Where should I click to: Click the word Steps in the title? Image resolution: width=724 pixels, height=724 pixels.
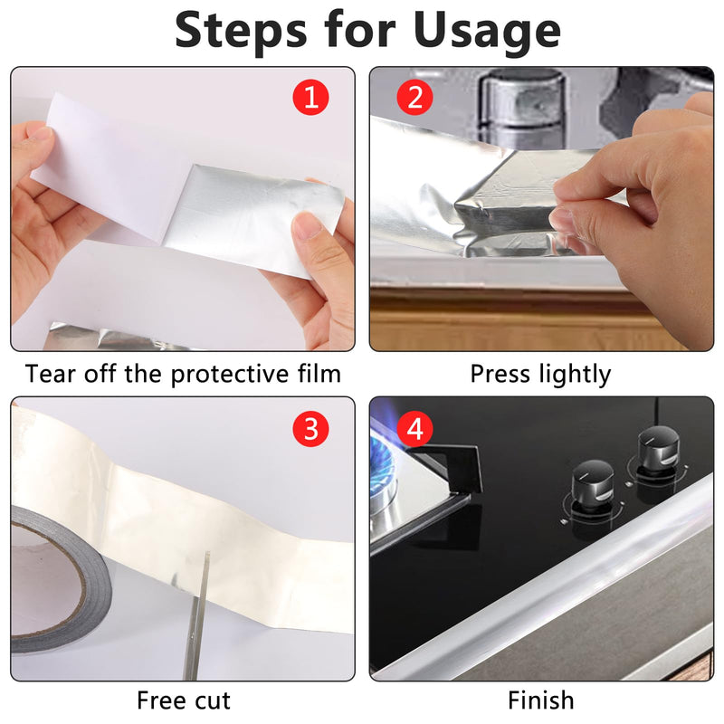[x=241, y=31]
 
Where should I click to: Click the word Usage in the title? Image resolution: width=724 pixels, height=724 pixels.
[x=487, y=31]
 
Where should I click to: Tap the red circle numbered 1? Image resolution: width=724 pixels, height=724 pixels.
[x=310, y=98]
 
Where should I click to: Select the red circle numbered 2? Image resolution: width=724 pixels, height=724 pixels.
[x=414, y=98]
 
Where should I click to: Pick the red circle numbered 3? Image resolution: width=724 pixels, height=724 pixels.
[x=310, y=428]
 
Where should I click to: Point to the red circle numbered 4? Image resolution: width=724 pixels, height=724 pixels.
[x=414, y=428]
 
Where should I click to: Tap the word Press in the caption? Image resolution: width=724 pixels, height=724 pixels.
[x=500, y=374]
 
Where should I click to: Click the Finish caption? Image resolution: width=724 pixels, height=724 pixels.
[x=540, y=700]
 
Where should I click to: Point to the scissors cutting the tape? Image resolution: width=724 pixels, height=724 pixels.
[x=197, y=615]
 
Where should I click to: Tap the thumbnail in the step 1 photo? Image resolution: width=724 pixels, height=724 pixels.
[x=308, y=224]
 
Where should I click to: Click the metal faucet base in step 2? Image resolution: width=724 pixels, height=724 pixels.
[x=521, y=107]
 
